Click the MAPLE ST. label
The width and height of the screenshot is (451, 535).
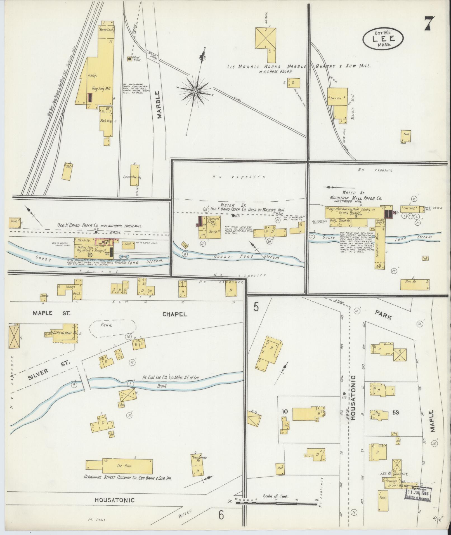52,313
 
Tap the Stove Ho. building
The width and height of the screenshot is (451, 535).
415,284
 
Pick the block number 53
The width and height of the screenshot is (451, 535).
395,412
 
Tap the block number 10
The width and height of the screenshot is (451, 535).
285,411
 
